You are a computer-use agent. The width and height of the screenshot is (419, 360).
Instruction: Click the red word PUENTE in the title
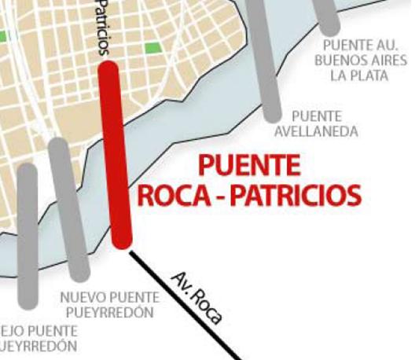(248, 166)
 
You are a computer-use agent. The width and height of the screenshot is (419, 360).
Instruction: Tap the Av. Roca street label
(196, 296)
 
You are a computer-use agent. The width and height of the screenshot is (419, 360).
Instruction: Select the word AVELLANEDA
(315, 132)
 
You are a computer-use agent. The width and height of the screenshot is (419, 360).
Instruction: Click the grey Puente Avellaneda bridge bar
(266, 63)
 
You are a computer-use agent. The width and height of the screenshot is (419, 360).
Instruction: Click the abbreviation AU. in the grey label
(385, 44)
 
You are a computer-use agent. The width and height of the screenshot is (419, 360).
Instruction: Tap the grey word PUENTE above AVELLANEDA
(316, 116)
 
